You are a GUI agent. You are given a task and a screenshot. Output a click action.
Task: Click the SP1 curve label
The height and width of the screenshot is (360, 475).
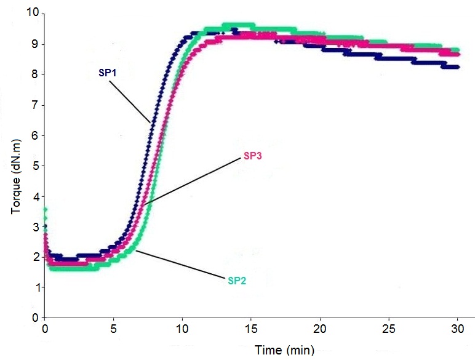[x=108, y=73]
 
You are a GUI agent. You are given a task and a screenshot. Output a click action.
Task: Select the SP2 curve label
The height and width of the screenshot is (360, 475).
[x=237, y=281]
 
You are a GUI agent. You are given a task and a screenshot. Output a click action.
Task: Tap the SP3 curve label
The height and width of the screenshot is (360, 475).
[x=253, y=157]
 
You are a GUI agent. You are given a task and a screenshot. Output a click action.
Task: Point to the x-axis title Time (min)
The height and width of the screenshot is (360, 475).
[x=285, y=351]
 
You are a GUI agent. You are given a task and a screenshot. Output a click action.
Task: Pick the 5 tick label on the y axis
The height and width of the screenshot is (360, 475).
[x=35, y=166]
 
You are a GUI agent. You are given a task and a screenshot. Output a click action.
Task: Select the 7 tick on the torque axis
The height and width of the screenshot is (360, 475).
[x=35, y=105]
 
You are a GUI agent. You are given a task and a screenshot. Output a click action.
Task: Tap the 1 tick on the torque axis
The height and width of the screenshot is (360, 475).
[x=35, y=287]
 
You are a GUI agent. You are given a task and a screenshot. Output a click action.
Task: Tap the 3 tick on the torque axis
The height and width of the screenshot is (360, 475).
[x=35, y=226]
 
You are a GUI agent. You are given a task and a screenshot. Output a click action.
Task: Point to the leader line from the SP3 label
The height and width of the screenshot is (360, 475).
[x=193, y=181]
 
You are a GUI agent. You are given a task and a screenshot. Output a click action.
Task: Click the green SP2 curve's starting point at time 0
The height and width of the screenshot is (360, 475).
[x=45, y=210]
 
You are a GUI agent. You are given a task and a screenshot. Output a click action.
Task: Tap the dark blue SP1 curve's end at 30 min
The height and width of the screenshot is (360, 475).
[x=457, y=66]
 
